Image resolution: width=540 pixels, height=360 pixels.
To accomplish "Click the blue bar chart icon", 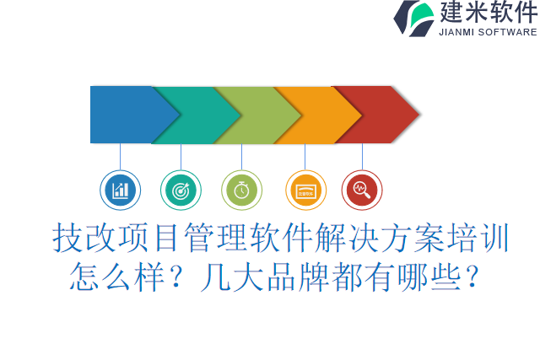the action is tap(120, 190).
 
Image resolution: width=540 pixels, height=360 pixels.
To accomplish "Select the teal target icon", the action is tap(181, 190).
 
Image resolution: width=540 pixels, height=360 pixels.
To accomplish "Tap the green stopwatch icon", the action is tap(242, 190).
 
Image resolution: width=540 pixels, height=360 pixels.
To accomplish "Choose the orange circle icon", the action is tap(305, 190).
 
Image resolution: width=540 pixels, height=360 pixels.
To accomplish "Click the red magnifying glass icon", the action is tap(362, 190).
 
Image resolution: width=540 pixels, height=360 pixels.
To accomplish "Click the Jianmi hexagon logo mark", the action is tap(413, 19).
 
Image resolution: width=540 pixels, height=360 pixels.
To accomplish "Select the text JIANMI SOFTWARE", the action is tap(488, 32).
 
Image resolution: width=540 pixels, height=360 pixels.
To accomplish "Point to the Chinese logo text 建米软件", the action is tap(489, 13).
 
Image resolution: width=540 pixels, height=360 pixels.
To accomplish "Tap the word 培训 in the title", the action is tap(478, 238).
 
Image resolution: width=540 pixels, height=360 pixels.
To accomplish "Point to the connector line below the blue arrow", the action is tap(120, 157).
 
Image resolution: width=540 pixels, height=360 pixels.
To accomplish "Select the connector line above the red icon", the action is tap(362, 157).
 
